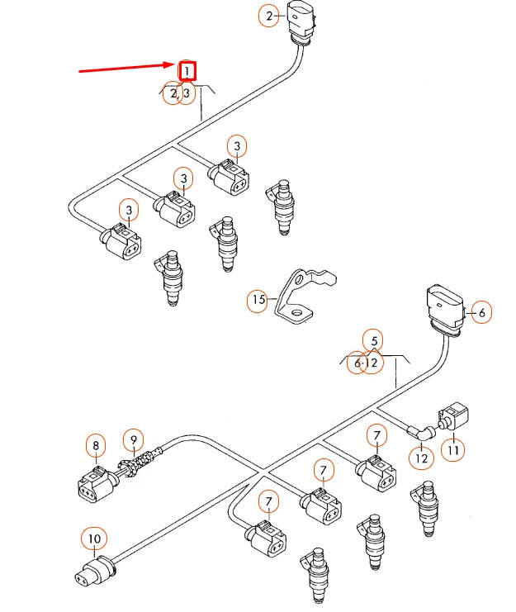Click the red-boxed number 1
tap(187, 71)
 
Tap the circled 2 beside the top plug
tap(268, 15)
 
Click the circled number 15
tap(259, 301)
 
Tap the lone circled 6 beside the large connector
tap(481, 311)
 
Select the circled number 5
tap(374, 339)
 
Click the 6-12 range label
tap(364, 363)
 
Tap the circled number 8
tap(96, 446)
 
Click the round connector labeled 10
tap(96, 572)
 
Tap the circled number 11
tap(453, 450)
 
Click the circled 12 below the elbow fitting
tap(422, 455)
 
